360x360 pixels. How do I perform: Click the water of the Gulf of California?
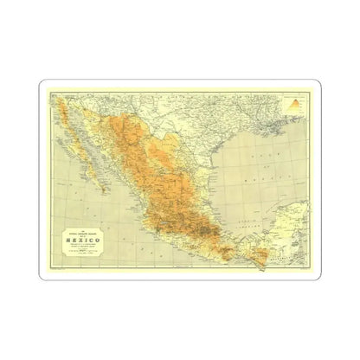click(x=91, y=147)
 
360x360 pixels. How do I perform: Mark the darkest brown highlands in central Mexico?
click(x=194, y=228)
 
